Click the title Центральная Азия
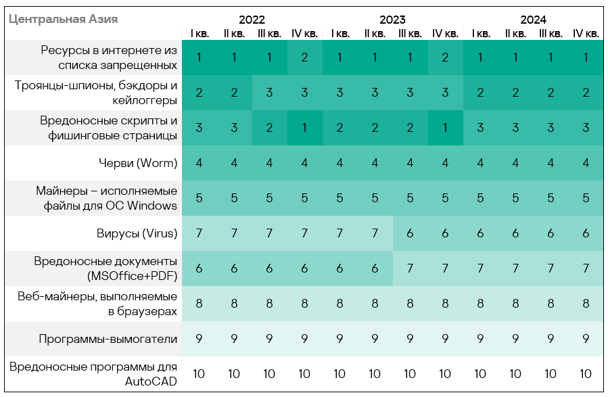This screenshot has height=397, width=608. tap(63, 19)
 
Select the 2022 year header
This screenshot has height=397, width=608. tap(252, 20)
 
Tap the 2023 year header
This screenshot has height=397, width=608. tap(392, 20)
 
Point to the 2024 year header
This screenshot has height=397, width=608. tap(533, 20)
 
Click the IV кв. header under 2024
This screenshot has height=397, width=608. tap(586, 33)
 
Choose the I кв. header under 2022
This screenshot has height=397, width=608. tap(199, 33)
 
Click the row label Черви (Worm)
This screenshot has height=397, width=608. tap(137, 163)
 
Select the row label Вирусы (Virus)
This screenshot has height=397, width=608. tap(137, 233)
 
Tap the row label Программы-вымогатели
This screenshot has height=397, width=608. tap(108, 339)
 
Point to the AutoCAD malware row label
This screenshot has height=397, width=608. tap(93, 374)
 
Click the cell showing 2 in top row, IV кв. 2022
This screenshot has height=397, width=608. tap(304, 57)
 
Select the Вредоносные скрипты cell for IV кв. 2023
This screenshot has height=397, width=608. tap(445, 128)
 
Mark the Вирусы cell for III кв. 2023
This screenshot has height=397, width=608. tap(410, 233)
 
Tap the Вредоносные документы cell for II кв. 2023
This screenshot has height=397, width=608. tap(375, 268)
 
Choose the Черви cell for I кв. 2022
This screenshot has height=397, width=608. tap(199, 163)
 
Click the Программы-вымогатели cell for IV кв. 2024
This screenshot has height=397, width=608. tap(586, 339)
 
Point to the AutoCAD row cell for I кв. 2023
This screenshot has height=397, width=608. tap(340, 374)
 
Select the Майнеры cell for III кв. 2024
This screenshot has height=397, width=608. tap(551, 198)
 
